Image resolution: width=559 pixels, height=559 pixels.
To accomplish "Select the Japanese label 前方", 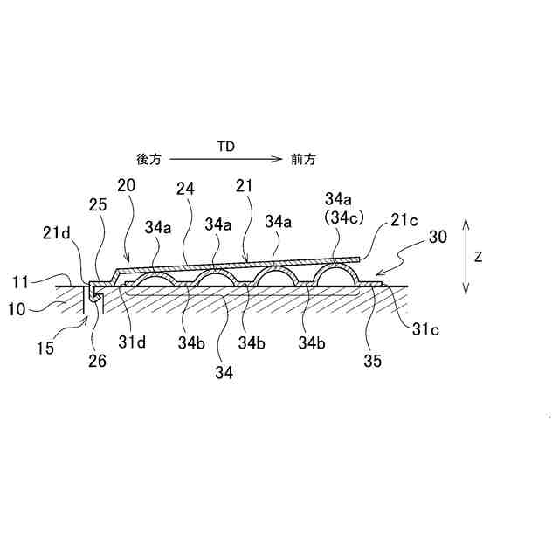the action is (305, 160).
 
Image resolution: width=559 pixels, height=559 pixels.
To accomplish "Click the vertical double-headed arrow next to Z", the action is (467, 258).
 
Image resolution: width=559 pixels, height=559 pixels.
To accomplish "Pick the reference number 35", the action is (373, 359).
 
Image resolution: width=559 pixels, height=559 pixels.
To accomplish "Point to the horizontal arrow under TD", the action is (226, 160).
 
